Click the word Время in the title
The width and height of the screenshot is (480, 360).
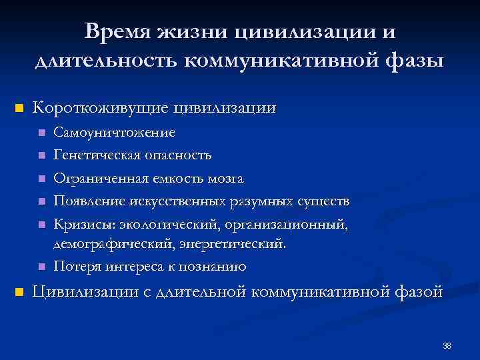118,32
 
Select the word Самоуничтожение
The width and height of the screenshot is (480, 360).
115,133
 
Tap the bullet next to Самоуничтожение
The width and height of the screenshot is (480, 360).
42,133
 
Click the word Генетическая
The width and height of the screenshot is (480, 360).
97,155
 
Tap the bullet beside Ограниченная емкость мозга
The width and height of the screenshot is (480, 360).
42,179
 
